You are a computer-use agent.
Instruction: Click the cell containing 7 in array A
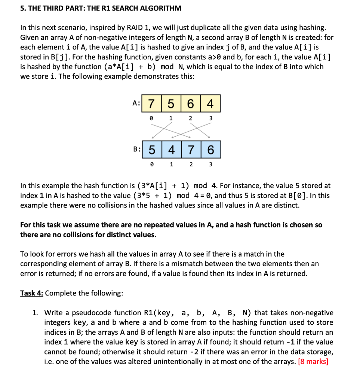point(151,104)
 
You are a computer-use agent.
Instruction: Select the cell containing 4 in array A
point(210,104)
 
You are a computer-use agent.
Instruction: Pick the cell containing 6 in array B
point(211,150)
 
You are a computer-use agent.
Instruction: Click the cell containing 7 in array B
point(191,150)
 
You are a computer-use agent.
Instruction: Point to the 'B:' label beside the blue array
point(137,149)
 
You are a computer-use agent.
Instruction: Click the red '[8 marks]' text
point(313,361)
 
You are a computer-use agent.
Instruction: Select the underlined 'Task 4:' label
point(32,293)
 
